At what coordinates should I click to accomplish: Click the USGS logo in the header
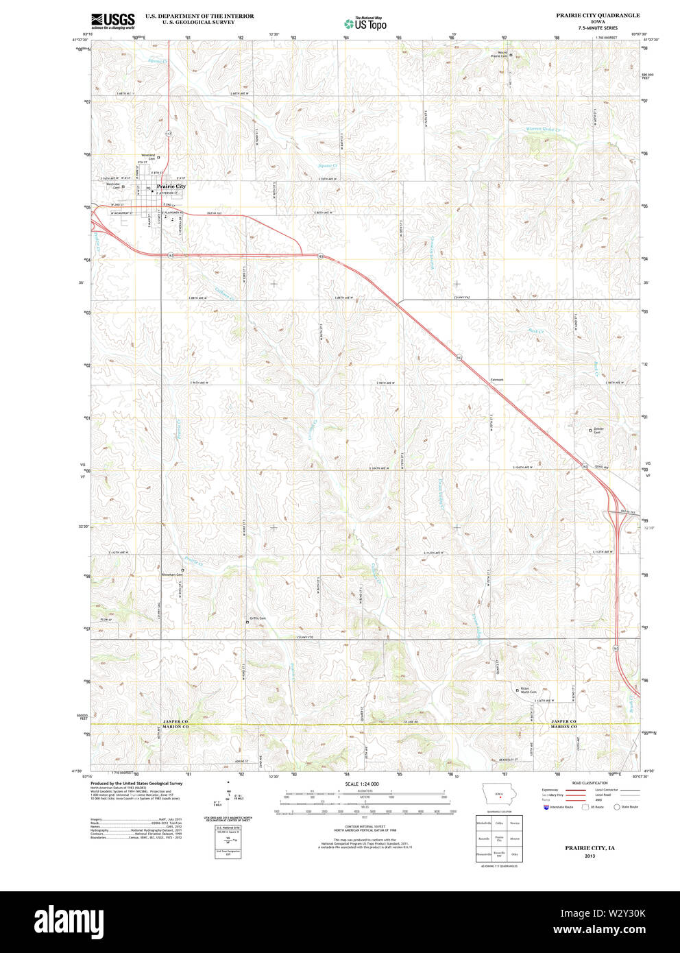coord(113,21)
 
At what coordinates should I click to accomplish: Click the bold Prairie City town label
coord(171,186)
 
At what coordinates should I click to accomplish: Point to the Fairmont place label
coord(497,379)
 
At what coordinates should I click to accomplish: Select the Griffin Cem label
coord(258,618)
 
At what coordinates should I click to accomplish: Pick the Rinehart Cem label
coord(172,575)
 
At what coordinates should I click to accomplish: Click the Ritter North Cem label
coord(528,690)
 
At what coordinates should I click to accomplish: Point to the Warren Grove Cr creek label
coord(543,130)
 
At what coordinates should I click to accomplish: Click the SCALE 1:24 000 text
coord(362,784)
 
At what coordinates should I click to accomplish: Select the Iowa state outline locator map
coord(500,796)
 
